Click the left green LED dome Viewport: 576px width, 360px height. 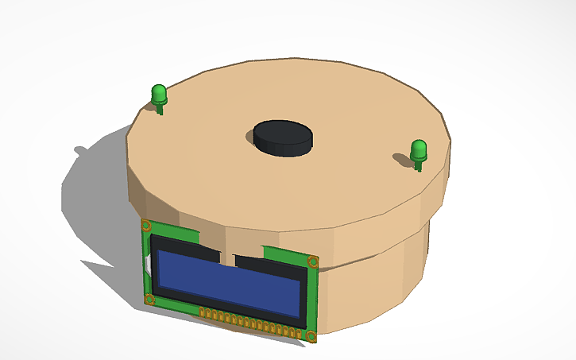(159, 94)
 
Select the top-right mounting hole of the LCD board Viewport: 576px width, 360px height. (314, 261)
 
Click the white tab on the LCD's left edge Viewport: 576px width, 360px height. (149, 261)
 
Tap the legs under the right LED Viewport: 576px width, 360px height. (419, 165)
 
